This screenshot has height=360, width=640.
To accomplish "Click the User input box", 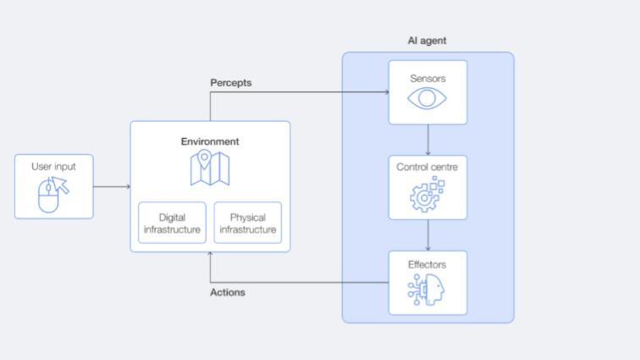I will click(x=54, y=186).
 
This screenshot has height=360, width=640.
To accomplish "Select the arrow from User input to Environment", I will click(x=112, y=186).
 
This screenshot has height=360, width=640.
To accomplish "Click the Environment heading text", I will click(x=210, y=141).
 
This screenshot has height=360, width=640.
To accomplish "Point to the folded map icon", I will click(x=210, y=168).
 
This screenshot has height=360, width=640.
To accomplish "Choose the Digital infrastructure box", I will click(x=172, y=224).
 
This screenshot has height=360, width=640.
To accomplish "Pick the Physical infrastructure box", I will click(x=248, y=224).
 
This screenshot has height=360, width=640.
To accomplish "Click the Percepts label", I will click(x=230, y=83).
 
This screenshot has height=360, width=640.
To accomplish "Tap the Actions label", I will click(x=227, y=292).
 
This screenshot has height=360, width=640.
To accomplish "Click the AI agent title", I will click(x=427, y=41).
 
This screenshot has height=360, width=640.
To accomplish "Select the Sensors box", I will click(x=428, y=92).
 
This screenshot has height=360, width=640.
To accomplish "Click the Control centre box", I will click(x=428, y=187).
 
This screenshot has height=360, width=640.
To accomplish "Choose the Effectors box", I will click(x=428, y=283).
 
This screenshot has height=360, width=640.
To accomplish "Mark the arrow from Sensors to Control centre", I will click(x=428, y=140).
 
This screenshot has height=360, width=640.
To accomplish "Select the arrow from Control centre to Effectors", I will click(x=428, y=235).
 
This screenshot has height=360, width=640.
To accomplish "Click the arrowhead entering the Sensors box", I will click(x=385, y=92).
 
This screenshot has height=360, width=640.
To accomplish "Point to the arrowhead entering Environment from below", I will click(x=210, y=256).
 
